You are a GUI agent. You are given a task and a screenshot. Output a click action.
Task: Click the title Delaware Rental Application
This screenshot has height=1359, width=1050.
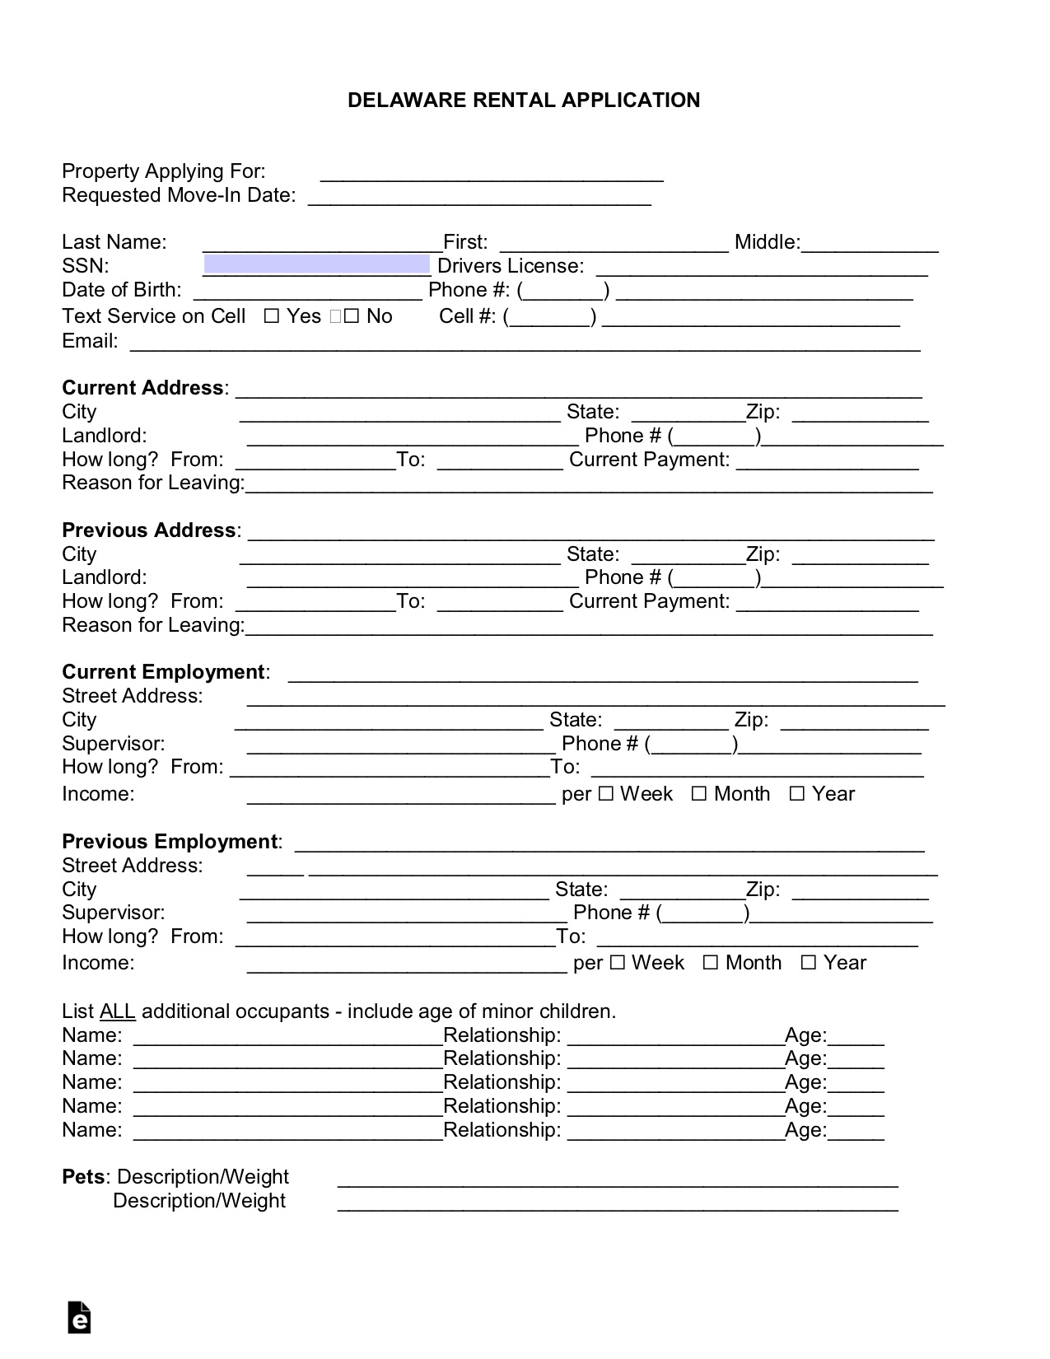click(524, 100)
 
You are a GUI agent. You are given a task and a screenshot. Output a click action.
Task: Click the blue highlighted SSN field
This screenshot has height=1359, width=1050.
click(316, 264)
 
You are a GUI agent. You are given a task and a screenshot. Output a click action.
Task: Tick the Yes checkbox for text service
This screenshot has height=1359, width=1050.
click(272, 316)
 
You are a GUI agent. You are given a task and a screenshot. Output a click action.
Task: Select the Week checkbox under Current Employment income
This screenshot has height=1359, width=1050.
click(606, 794)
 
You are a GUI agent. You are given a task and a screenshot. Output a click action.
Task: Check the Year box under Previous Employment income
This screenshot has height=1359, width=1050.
click(809, 963)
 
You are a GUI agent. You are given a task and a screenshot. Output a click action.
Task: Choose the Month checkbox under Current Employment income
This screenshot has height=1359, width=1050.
click(699, 794)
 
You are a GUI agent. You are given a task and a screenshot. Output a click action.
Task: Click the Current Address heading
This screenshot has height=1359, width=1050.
click(142, 388)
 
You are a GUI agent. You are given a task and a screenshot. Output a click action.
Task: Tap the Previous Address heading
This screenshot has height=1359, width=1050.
click(148, 530)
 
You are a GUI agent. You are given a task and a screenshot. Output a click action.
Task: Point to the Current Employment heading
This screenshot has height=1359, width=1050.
click(163, 672)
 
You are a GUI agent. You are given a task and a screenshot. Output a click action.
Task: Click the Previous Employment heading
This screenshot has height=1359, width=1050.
click(169, 842)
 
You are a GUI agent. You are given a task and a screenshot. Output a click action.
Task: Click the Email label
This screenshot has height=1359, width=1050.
click(89, 341)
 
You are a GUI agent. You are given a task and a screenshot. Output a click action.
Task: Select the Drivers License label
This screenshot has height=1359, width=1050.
click(511, 266)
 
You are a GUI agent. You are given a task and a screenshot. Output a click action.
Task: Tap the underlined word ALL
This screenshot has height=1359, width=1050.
click(117, 1011)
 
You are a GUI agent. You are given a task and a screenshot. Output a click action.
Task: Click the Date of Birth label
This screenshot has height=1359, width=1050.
click(121, 290)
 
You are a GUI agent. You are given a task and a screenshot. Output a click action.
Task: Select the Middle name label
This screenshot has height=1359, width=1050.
click(766, 242)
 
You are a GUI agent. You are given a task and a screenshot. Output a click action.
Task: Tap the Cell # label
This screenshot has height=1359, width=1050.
click(467, 316)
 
